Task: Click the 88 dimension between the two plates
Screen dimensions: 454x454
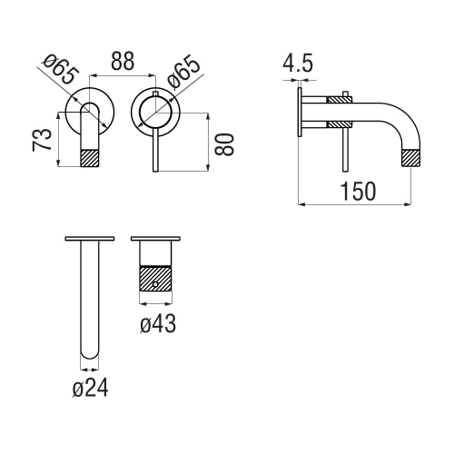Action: tap(123, 62)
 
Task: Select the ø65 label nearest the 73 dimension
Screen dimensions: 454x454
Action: tap(60, 70)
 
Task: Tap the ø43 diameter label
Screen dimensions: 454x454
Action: tap(157, 322)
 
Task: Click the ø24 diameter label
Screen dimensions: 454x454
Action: tap(90, 388)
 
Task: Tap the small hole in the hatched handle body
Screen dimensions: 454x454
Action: tap(156, 284)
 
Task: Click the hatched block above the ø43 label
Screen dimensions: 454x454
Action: tap(156, 277)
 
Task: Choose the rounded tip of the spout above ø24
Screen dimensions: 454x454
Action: tap(90, 350)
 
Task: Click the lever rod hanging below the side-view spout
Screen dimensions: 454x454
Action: tap(344, 145)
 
